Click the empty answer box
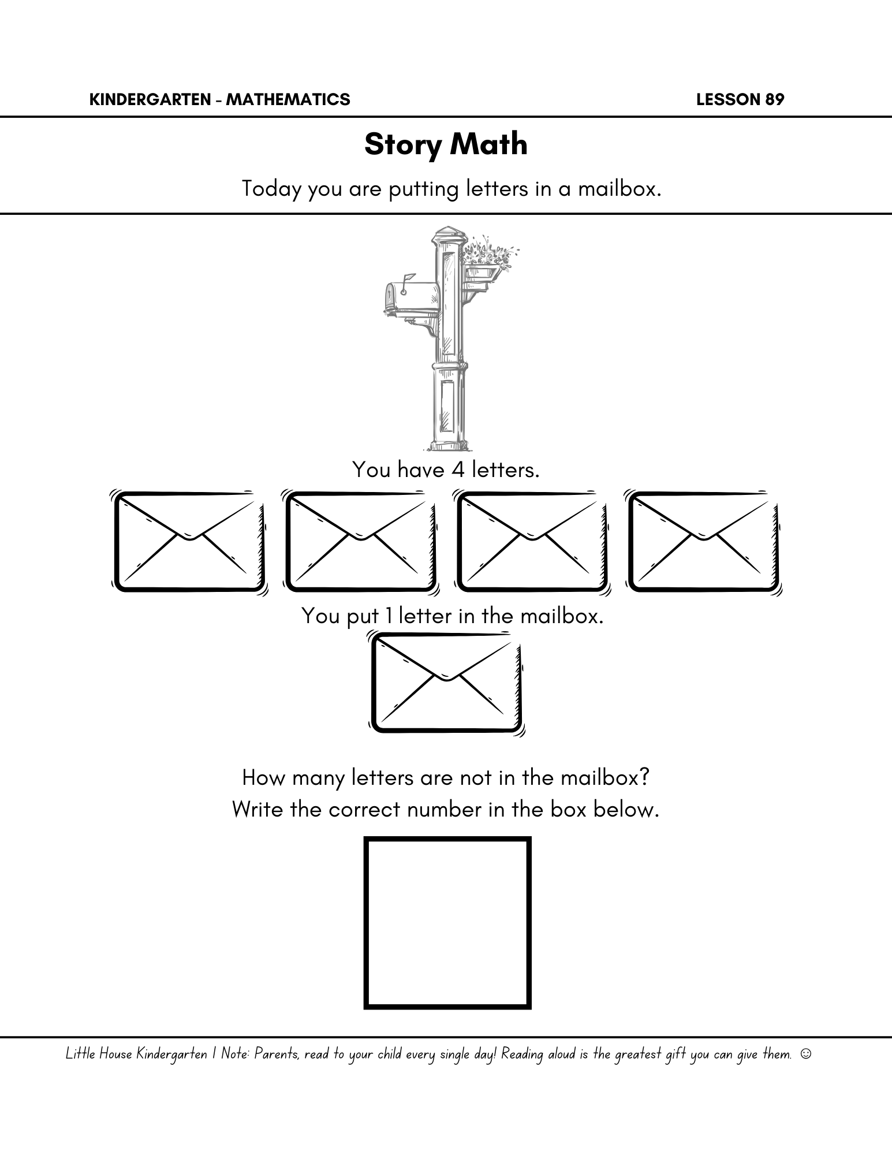coord(447,923)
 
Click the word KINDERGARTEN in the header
coord(150,100)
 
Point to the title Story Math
coord(446,144)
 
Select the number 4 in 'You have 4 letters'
coord(458,470)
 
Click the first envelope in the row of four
coord(189,542)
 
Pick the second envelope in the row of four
coord(360,542)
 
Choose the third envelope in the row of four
coord(532,542)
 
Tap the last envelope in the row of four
coord(703,542)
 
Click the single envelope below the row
coord(447,684)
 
